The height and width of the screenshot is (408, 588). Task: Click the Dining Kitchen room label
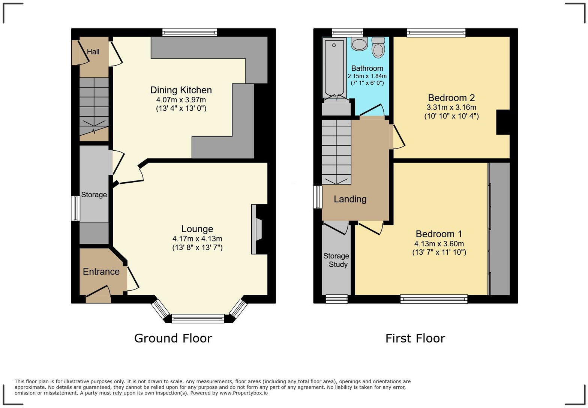pyautogui.click(x=181, y=90)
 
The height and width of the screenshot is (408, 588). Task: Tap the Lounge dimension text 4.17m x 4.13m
pyautogui.click(x=197, y=238)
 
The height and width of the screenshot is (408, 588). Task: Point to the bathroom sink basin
pyautogui.click(x=359, y=44)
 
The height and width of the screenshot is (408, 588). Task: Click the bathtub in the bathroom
pyautogui.click(x=334, y=67)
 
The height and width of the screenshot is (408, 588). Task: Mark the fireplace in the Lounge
pyautogui.click(x=258, y=229)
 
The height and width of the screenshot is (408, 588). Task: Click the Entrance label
pyautogui.click(x=101, y=271)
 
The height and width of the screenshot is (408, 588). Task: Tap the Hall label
pyautogui.click(x=93, y=52)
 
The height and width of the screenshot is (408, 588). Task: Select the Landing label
pyautogui.click(x=350, y=199)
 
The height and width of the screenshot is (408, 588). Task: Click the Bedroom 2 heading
pyautogui.click(x=451, y=98)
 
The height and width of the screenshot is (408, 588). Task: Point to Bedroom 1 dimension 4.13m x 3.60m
pyautogui.click(x=439, y=243)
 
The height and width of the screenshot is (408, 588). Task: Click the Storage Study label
pyautogui.click(x=336, y=260)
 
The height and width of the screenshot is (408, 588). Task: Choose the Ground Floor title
pyautogui.click(x=173, y=338)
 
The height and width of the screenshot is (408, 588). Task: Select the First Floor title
pyautogui.click(x=415, y=338)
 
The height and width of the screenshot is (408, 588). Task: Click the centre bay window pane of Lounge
pyautogui.click(x=198, y=319)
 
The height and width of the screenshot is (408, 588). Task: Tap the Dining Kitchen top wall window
pyautogui.click(x=189, y=33)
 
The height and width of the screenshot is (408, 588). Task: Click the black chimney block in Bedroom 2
pyautogui.click(x=503, y=122)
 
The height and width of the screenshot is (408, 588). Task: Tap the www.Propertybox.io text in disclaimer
pyautogui.click(x=244, y=393)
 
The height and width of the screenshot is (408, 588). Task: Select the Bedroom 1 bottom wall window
pyautogui.click(x=434, y=299)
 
